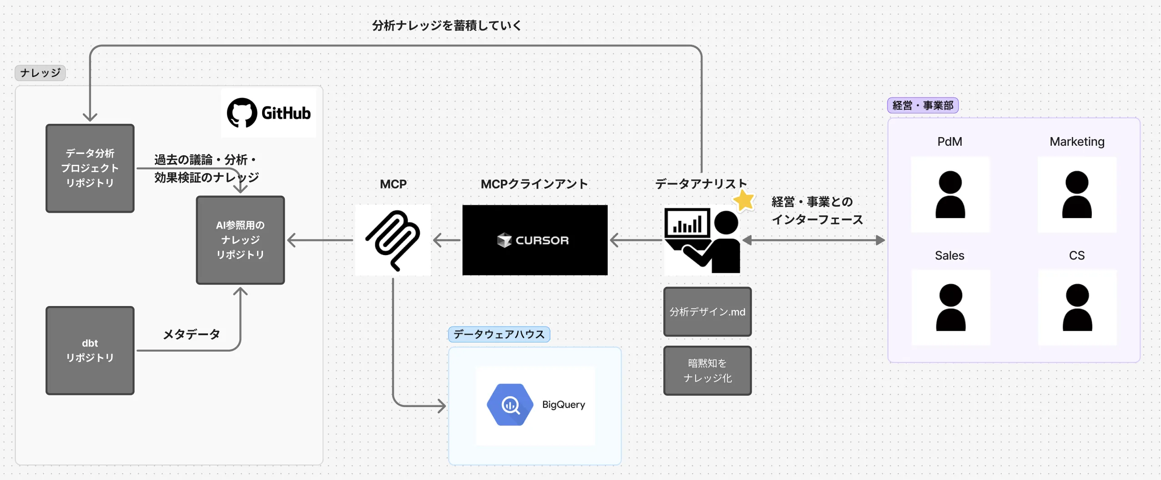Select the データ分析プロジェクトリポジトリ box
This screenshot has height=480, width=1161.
click(x=90, y=168)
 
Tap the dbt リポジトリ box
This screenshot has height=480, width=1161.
click(x=90, y=350)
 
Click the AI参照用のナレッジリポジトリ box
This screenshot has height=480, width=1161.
click(x=240, y=240)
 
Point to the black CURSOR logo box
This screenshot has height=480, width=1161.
click(x=535, y=240)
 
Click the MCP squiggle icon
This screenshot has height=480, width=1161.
click(x=393, y=240)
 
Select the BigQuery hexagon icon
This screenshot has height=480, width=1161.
click(x=510, y=404)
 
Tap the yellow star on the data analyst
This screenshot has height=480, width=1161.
click(x=744, y=200)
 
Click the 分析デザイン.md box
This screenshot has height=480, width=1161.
click(x=707, y=312)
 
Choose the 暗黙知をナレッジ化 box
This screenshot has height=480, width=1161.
click(x=707, y=370)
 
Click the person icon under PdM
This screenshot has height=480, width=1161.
click(x=950, y=195)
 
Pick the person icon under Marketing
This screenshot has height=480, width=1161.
click(x=1077, y=195)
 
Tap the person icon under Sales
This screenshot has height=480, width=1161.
click(x=950, y=307)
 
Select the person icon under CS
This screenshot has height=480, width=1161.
click(x=1077, y=307)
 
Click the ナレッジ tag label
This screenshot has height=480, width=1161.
click(x=40, y=73)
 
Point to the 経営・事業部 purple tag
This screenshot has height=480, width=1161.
click(x=923, y=106)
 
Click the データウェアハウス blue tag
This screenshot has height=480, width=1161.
click(x=499, y=334)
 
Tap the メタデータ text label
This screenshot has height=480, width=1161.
click(x=192, y=334)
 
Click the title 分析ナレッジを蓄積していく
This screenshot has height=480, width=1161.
click(x=447, y=26)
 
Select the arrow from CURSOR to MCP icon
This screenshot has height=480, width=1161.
click(x=447, y=240)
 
